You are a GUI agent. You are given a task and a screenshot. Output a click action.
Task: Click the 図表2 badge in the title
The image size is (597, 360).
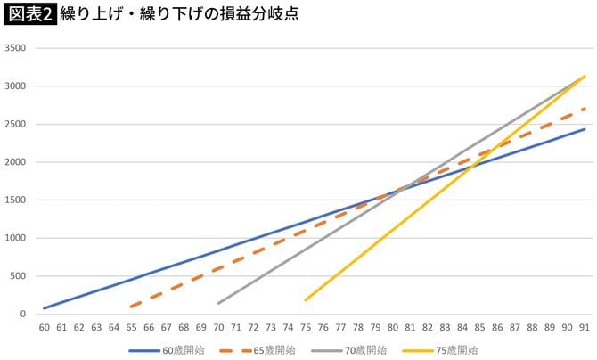tap(29, 16)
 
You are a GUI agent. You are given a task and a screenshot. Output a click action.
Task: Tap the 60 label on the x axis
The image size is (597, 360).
tap(44, 327)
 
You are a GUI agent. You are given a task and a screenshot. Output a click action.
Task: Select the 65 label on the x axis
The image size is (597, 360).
tap(131, 327)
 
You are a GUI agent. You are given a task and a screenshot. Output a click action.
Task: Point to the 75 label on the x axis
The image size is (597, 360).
tap(306, 327)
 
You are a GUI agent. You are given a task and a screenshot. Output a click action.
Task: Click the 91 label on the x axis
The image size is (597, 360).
tap(584, 327)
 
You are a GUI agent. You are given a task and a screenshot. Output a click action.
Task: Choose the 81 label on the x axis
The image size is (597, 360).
tap(410, 327)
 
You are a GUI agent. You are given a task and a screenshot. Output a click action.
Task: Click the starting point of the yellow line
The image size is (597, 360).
tap(306, 300)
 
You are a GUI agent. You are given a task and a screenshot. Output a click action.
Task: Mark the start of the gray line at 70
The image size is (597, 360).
tap(218, 303)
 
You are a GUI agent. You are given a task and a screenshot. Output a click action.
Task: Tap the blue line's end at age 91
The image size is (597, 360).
tap(584, 129)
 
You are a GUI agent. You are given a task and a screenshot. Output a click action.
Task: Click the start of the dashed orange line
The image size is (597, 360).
tap(131, 307)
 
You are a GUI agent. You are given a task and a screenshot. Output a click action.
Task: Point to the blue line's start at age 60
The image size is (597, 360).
tap(44, 308)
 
